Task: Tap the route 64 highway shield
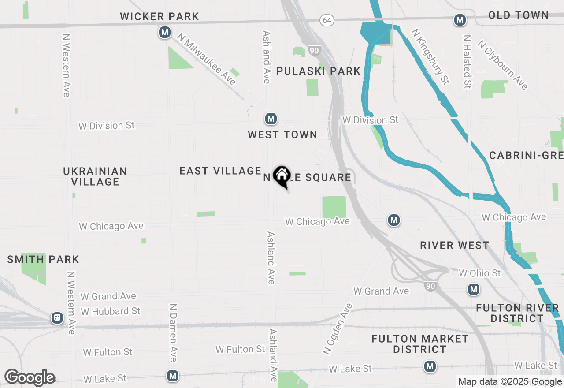(x=327, y=20)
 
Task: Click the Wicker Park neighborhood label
(x=160, y=17)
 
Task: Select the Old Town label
(x=518, y=15)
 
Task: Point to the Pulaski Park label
(x=318, y=71)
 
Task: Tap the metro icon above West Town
(x=271, y=119)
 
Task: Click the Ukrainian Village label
(x=95, y=176)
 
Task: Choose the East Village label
(x=220, y=171)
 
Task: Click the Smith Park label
(x=43, y=259)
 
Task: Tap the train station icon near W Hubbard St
(x=57, y=318)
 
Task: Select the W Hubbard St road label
(x=111, y=311)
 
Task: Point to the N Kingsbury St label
(x=430, y=56)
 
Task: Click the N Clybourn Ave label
(x=502, y=65)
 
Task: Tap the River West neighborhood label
(x=454, y=246)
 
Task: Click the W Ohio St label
(x=479, y=273)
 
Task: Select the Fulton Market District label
(x=420, y=344)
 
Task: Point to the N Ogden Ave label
(x=338, y=329)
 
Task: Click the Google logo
(x=30, y=377)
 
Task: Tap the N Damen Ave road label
(x=173, y=332)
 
